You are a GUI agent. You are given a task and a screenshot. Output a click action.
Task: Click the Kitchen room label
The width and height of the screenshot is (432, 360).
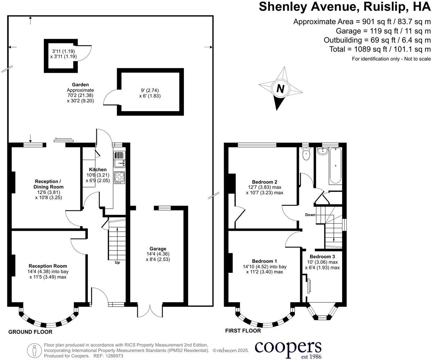pos(98,170)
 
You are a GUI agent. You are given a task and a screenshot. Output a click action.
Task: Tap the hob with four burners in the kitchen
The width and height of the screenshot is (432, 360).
pos(119,178)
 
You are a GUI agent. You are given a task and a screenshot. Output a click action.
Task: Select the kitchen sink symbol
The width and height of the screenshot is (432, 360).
pos(119,159)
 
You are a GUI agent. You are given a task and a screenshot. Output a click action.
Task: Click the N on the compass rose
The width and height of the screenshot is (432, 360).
pos(280,89)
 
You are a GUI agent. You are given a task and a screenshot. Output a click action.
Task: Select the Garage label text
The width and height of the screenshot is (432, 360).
pos(158,249)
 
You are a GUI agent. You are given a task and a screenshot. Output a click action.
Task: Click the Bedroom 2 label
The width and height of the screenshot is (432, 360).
pos(264,182)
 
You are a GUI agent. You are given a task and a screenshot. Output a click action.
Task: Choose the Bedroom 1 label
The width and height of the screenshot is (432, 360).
pos(264,261)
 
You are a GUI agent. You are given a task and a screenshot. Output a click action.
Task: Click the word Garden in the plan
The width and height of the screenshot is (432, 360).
pos(80,85)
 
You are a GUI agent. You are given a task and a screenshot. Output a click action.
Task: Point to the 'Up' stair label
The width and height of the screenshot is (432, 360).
pos(117,262)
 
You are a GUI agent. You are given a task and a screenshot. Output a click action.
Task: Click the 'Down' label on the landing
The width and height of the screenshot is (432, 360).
pos(310,215)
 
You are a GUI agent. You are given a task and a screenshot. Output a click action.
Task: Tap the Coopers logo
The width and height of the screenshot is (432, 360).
pos(288,348)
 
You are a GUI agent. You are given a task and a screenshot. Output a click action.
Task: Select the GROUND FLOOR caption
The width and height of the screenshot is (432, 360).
pos(30,332)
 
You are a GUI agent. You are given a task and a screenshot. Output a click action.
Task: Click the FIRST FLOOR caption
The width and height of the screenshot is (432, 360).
pos(243,331)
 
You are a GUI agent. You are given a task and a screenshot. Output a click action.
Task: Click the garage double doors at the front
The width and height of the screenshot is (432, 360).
pos(150,311)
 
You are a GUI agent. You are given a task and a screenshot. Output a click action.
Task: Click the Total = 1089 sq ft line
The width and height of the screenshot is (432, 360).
pos(380,49)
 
